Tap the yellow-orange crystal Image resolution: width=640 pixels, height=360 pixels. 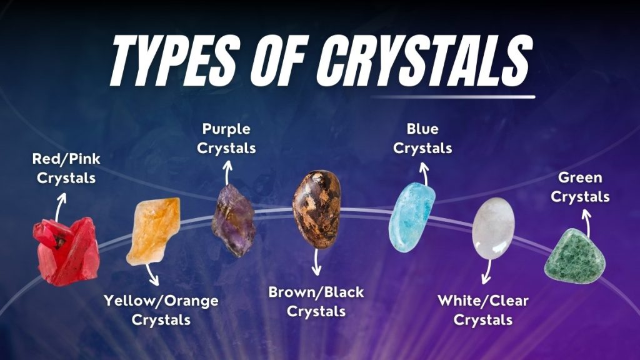tap(154, 230)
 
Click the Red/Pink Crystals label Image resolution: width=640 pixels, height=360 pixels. tap(66, 169)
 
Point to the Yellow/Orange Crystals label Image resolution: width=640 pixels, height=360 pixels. tap(161, 311)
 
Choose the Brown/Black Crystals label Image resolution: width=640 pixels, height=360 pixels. tap(316, 301)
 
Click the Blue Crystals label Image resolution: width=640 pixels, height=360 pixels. tap(422, 139)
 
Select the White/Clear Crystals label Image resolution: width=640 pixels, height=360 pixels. tap(483, 310)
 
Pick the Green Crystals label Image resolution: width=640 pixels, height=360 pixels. tap(584, 187)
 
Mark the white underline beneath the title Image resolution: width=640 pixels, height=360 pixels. tap(452, 97)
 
